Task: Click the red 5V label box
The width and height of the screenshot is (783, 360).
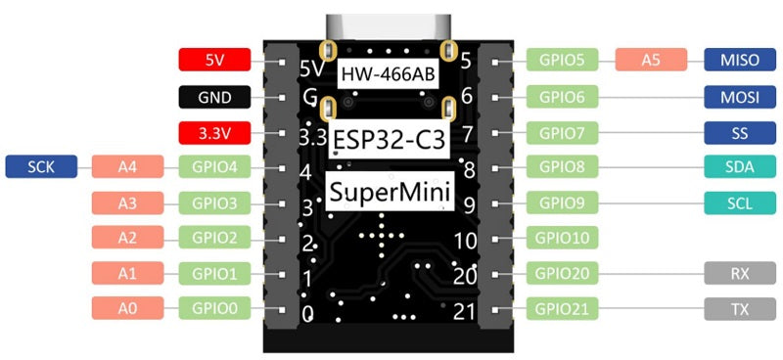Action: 215,60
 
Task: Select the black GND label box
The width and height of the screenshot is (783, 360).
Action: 215,97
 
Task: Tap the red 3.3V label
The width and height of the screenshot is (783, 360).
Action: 215,132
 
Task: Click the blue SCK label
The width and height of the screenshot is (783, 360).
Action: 41,167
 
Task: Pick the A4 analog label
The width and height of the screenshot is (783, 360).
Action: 128,167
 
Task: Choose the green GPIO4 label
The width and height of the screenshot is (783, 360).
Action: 215,167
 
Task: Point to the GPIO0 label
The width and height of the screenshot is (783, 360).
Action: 215,308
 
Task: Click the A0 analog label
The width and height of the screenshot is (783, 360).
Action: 128,308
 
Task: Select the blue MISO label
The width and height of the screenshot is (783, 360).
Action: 740,60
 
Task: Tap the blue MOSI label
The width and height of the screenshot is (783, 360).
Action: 740,97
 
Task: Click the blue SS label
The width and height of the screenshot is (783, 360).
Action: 740,132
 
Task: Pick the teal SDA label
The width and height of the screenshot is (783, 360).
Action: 740,167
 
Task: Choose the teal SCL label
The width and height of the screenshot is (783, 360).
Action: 740,202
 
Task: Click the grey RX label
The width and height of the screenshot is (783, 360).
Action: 740,273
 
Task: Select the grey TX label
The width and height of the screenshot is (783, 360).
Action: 740,308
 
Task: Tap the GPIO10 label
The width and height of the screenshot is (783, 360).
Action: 562,238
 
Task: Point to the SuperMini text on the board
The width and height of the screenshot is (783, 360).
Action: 390,191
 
